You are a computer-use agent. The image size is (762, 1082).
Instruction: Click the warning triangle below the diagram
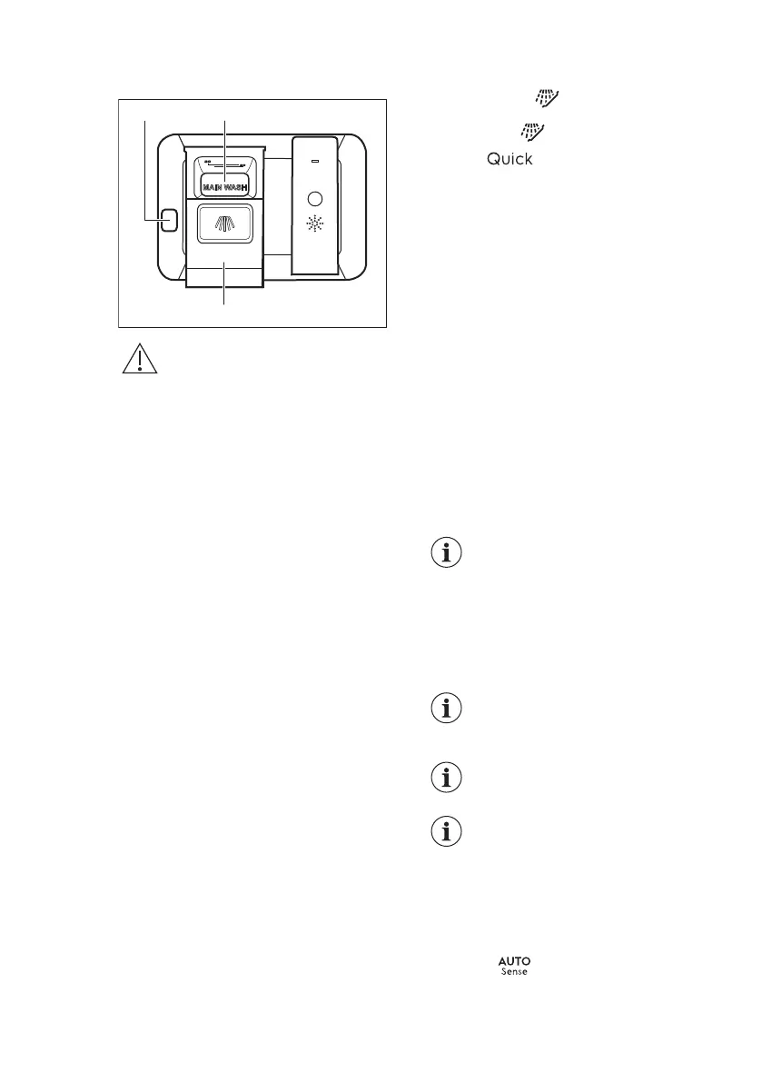(x=138, y=360)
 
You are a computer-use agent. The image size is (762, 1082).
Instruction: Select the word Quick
(x=510, y=159)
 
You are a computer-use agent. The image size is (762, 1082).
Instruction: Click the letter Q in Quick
(x=494, y=159)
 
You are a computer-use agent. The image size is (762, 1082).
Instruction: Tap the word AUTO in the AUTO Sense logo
(x=514, y=961)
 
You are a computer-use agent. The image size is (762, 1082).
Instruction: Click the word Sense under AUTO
(x=514, y=973)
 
